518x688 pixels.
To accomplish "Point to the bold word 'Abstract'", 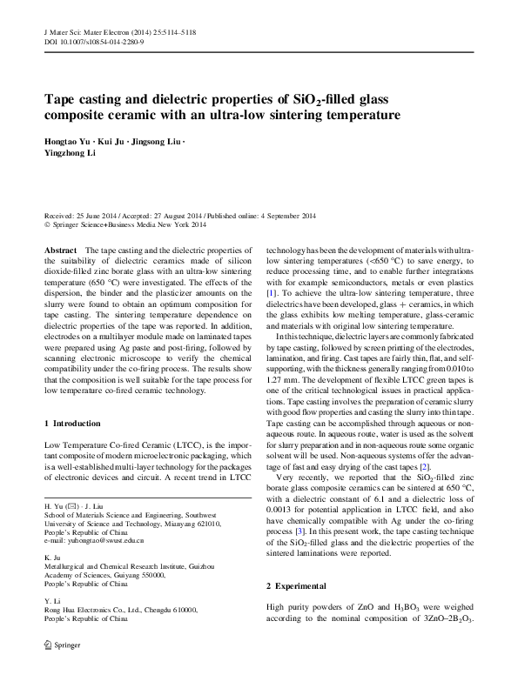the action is coord(62,250).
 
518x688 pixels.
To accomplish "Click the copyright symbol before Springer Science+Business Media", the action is coord(47,225).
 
